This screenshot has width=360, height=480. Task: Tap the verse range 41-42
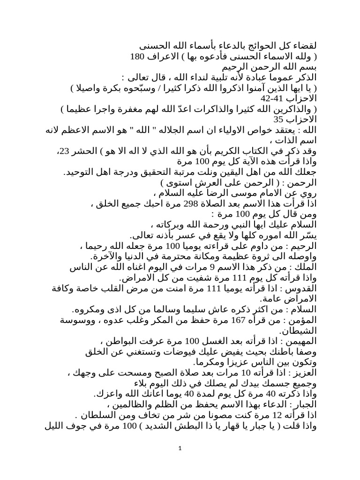[x=259, y=99]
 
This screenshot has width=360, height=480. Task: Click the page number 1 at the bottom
[x=180, y=450]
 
